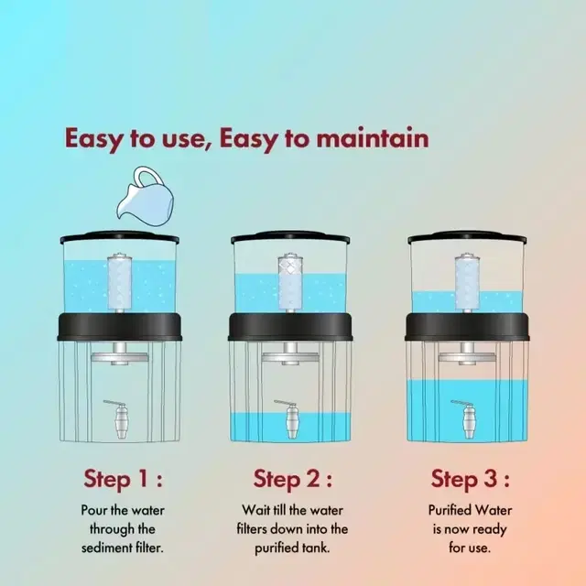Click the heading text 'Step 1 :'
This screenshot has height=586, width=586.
pyautogui.click(x=124, y=479)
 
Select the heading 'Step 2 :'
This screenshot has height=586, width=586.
pyautogui.click(x=293, y=479)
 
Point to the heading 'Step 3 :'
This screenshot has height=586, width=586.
pyautogui.click(x=470, y=479)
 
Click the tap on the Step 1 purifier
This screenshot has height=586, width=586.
pyautogui.click(x=119, y=419)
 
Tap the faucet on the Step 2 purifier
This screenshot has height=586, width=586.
pyautogui.click(x=289, y=419)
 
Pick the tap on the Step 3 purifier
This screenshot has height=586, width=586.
pyautogui.click(x=466, y=419)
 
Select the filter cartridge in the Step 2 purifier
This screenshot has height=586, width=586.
pyautogui.click(x=290, y=282)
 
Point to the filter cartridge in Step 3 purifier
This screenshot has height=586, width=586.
pyautogui.click(x=467, y=282)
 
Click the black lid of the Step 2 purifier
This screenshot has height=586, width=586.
pyautogui.click(x=290, y=238)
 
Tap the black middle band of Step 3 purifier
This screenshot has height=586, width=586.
pyautogui.click(x=467, y=328)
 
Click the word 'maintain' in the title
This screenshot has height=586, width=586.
pyautogui.click(x=373, y=138)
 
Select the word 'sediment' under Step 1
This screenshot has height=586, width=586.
pyautogui.click(x=106, y=548)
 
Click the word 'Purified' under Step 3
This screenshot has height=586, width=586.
pyautogui.click(x=448, y=511)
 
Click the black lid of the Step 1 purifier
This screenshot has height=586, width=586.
pyautogui.click(x=120, y=238)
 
